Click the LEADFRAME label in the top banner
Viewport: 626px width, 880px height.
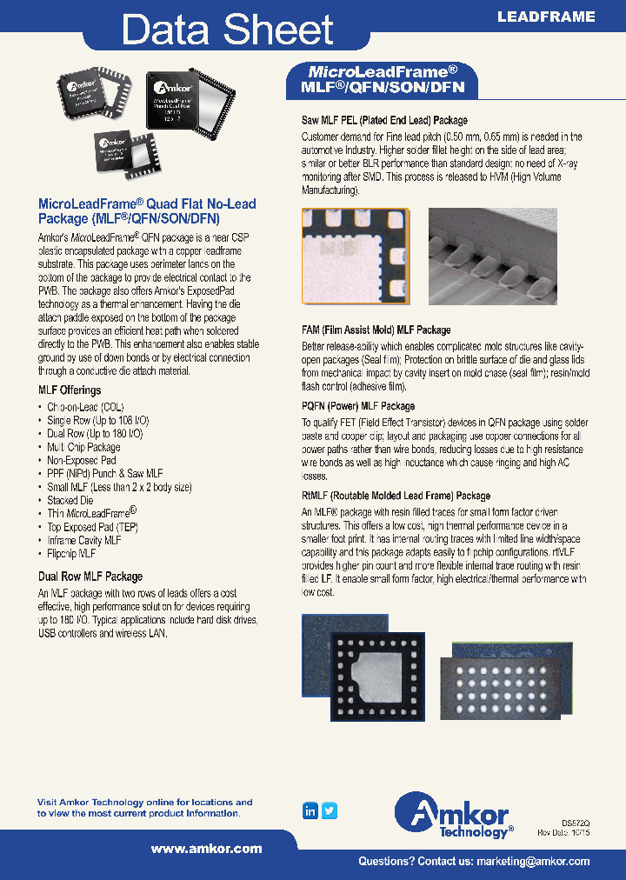click(546, 17)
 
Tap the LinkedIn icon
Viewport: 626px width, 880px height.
click(310, 810)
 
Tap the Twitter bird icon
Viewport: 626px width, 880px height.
click(330, 810)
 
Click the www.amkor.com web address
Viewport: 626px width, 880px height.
click(206, 849)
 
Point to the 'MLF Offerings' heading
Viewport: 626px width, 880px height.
click(70, 390)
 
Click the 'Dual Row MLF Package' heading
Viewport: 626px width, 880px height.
click(90, 577)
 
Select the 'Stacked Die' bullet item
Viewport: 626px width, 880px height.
click(70, 500)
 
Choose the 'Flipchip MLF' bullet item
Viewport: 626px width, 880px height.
click(71, 553)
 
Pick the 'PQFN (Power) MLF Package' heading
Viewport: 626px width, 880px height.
click(358, 406)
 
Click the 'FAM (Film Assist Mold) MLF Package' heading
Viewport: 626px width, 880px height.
click(376, 330)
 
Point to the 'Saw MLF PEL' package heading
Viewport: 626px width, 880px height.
click(384, 120)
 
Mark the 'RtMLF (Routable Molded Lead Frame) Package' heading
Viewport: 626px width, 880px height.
click(396, 496)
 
